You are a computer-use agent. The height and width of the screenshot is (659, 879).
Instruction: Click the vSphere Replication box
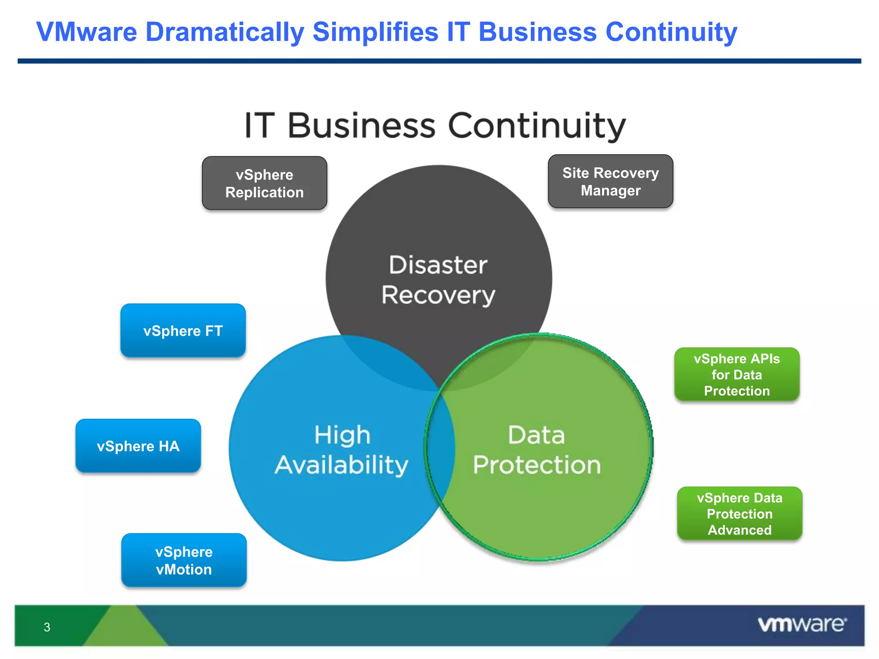click(x=264, y=183)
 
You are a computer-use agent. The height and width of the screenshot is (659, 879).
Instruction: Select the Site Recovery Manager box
click(x=610, y=181)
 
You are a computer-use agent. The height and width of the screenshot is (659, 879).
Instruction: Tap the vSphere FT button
click(x=183, y=331)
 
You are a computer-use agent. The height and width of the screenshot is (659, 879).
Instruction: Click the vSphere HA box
click(x=138, y=446)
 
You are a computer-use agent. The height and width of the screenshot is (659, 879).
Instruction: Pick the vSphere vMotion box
click(x=184, y=560)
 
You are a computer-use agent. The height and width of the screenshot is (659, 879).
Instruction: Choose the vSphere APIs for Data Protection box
click(x=737, y=375)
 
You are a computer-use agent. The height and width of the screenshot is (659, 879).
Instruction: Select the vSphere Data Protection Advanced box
click(x=740, y=514)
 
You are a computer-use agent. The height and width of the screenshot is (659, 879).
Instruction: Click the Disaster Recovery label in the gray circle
click(x=438, y=280)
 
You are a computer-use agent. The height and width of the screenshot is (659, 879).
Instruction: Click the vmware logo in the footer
click(x=802, y=624)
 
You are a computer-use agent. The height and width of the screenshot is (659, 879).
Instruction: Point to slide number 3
click(x=47, y=627)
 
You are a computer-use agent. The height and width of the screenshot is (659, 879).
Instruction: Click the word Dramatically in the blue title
click(x=225, y=32)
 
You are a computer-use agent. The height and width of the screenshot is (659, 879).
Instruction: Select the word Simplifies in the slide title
click(x=376, y=32)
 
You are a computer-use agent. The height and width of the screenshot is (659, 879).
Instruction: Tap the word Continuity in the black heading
click(x=536, y=126)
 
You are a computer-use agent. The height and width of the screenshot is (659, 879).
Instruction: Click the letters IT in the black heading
click(x=259, y=125)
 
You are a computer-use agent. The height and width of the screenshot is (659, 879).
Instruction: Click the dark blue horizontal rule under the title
click(x=439, y=61)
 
